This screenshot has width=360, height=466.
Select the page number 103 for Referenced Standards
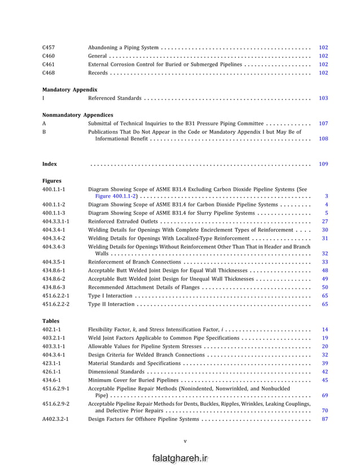(323, 98)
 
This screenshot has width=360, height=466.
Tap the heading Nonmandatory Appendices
(78, 115)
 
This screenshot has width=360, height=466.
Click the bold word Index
(50, 164)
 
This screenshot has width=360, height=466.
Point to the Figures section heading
(52, 181)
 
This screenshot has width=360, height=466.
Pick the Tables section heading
(51, 320)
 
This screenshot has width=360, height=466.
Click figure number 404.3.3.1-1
(56, 222)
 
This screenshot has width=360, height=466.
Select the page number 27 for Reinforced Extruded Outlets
(324, 222)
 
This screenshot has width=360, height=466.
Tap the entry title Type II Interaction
(111, 304)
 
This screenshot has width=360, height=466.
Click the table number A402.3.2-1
(57, 419)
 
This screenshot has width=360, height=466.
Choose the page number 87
(324, 419)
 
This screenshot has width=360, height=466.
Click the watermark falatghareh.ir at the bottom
(180, 459)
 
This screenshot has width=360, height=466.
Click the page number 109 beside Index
(323, 164)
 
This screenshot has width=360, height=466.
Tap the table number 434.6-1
(52, 380)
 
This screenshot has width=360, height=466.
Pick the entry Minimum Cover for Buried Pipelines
(133, 380)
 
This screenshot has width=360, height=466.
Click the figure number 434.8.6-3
(54, 287)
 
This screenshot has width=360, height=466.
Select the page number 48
(324, 270)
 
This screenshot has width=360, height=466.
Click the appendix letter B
(44, 131)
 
